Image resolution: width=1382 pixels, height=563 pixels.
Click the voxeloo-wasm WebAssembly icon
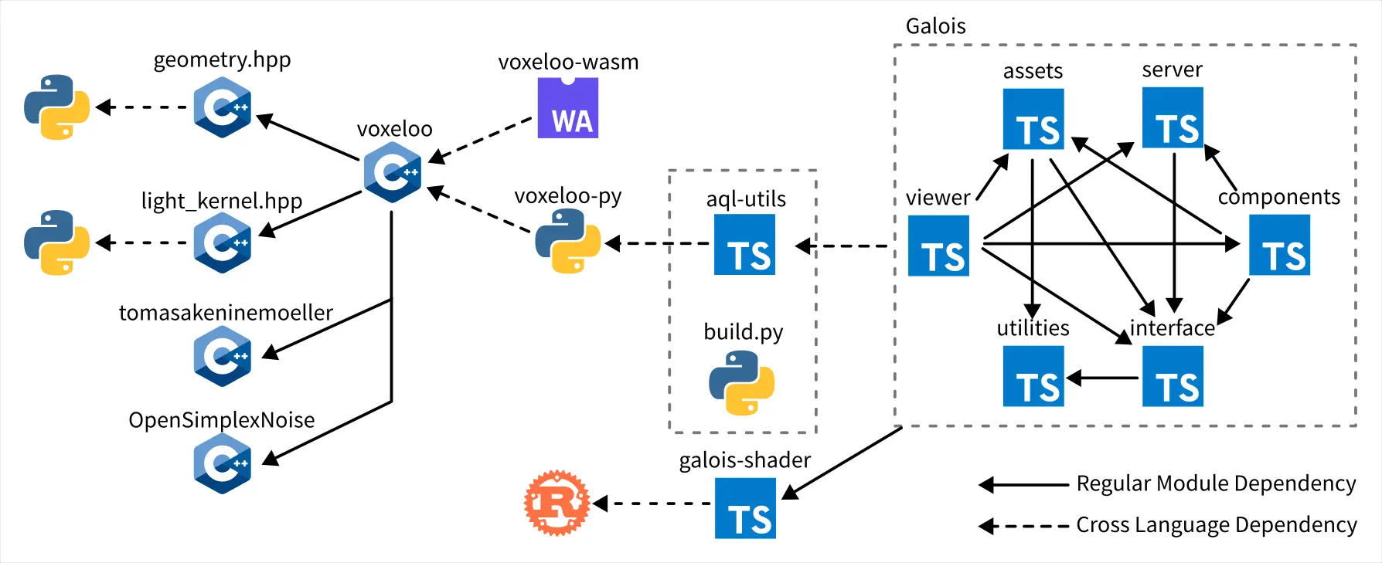coord(568,108)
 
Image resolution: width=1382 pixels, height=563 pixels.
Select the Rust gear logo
coord(557,504)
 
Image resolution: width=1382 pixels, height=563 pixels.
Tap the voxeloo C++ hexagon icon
coord(393,172)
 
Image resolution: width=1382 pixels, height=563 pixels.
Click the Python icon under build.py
coord(742,383)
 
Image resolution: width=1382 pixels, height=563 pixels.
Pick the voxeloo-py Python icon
coord(568,241)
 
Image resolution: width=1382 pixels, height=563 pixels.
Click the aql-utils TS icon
coord(744,245)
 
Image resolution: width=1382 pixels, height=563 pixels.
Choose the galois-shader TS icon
coord(745,508)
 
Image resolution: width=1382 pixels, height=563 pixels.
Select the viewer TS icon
coord(938,246)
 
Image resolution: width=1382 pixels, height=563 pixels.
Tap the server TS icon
coord(1173,117)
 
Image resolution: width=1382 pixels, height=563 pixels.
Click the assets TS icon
coord(1033,119)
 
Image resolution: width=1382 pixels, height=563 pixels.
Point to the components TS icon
coord(1279,245)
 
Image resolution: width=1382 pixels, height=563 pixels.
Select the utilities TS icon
coord(1033,376)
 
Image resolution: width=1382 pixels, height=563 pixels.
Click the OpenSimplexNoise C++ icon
coord(223,463)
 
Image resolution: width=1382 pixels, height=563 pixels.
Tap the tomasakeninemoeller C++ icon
coord(223,356)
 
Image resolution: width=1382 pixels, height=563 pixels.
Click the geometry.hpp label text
coord(222,59)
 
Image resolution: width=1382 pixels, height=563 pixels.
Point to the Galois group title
coord(935,26)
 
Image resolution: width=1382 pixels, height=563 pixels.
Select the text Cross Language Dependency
coord(1216,525)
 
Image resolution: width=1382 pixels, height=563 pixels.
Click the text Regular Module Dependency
coord(1216,483)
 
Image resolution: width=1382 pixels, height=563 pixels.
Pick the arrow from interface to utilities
coord(1103,378)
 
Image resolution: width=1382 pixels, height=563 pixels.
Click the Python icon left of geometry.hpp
coord(56,107)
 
